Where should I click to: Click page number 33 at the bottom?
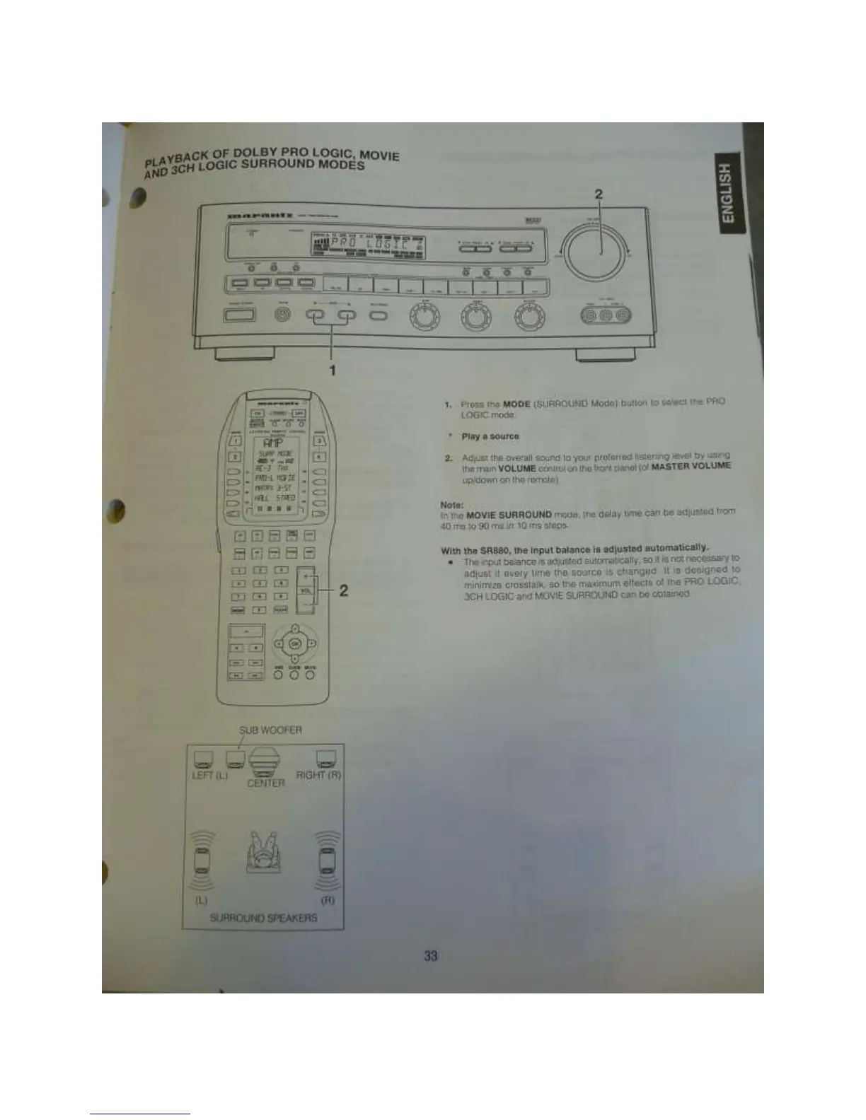coord(431,957)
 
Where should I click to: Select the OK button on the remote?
coord(296,643)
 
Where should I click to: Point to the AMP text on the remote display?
coord(273,441)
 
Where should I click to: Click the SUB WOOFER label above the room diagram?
coord(271,730)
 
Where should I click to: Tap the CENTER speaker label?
coord(265,783)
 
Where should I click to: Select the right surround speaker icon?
coord(328,860)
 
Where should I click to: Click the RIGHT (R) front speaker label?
coord(318,775)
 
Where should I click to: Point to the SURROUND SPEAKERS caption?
coord(264,918)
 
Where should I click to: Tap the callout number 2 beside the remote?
coord(343,590)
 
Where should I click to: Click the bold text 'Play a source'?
coord(490,436)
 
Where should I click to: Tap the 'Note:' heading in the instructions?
coord(451,505)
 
